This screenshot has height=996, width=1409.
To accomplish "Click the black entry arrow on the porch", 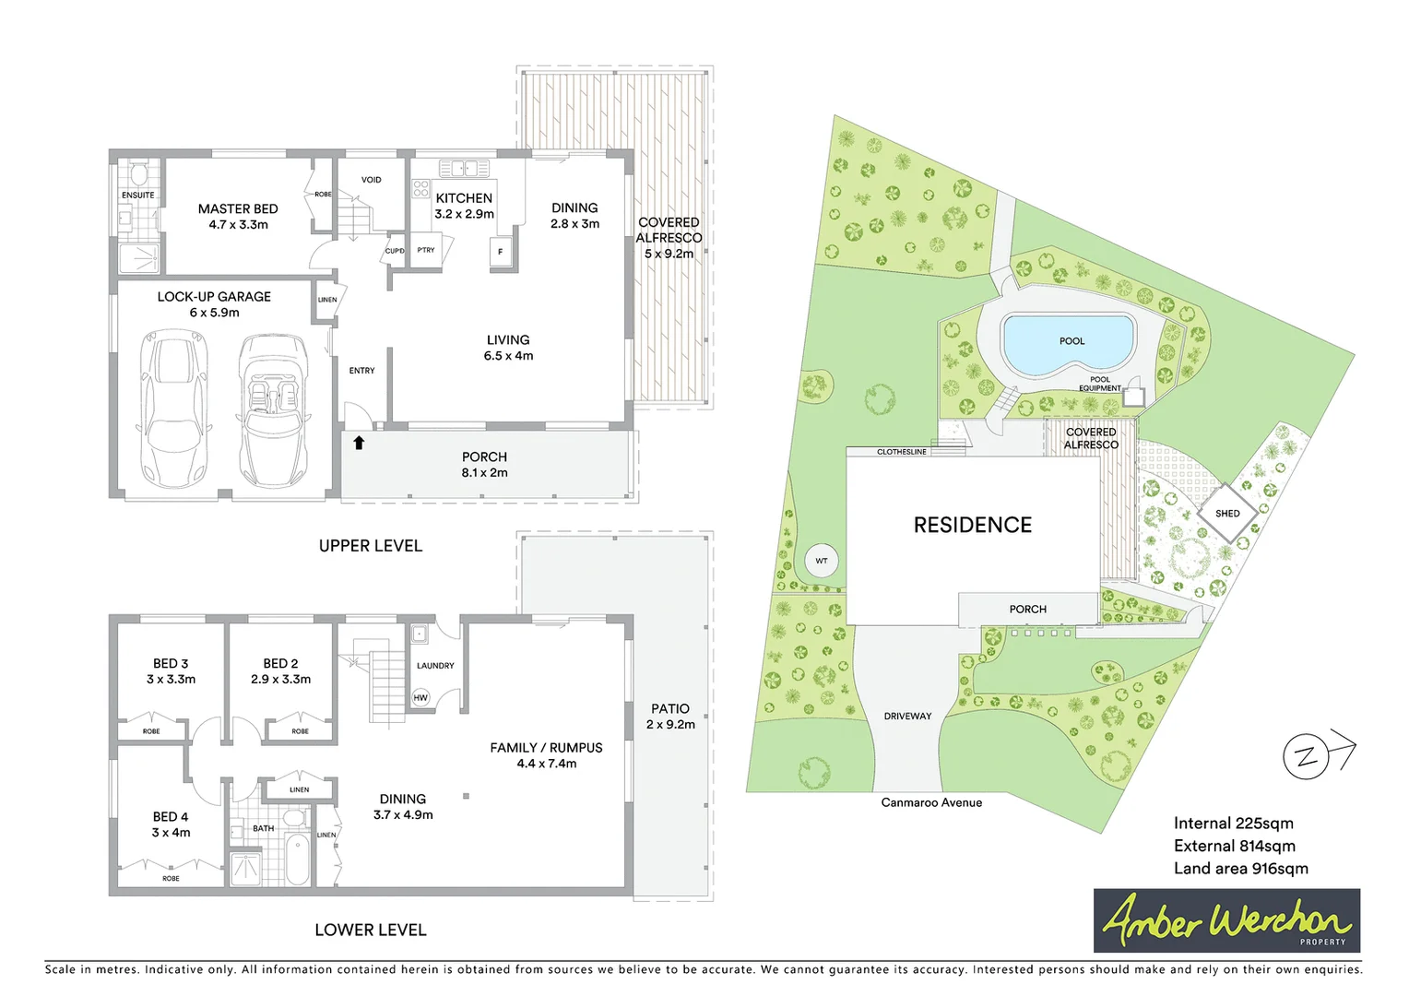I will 359,443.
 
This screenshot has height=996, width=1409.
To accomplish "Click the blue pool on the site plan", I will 1069,343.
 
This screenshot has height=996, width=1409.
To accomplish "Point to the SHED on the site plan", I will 1226,514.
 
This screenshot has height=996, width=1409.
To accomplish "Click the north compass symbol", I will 1308,757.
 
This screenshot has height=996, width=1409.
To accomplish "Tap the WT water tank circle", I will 821,561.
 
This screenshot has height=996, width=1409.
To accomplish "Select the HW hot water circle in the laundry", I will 420,698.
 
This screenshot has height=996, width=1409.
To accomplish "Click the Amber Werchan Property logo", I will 1226,920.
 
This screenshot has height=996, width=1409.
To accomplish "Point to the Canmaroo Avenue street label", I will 931,802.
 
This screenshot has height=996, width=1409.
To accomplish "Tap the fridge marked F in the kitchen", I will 501,252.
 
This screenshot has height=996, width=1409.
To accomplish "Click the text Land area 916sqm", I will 1240,869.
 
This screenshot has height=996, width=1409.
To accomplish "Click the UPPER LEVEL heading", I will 371,546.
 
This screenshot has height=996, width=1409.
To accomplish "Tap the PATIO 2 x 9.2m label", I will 670,716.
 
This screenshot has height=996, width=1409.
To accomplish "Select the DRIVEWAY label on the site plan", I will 907,716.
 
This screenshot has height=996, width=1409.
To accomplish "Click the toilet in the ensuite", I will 139,174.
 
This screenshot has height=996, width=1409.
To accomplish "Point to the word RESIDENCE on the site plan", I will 972,525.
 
